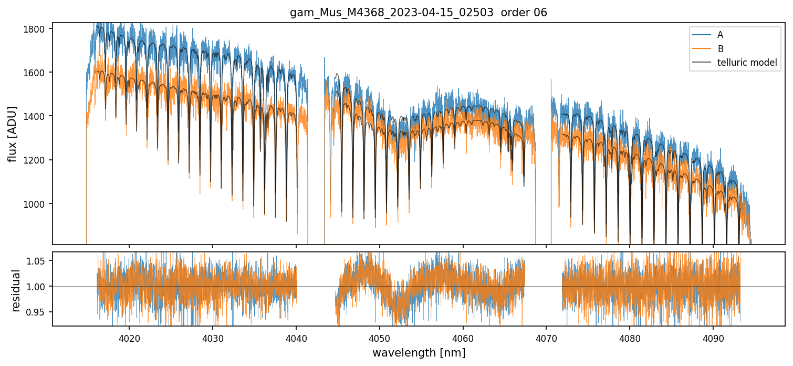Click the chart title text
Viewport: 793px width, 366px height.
[x=419, y=13]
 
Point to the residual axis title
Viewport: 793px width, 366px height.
[x=16, y=290]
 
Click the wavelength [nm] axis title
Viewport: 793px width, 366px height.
[x=419, y=353]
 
